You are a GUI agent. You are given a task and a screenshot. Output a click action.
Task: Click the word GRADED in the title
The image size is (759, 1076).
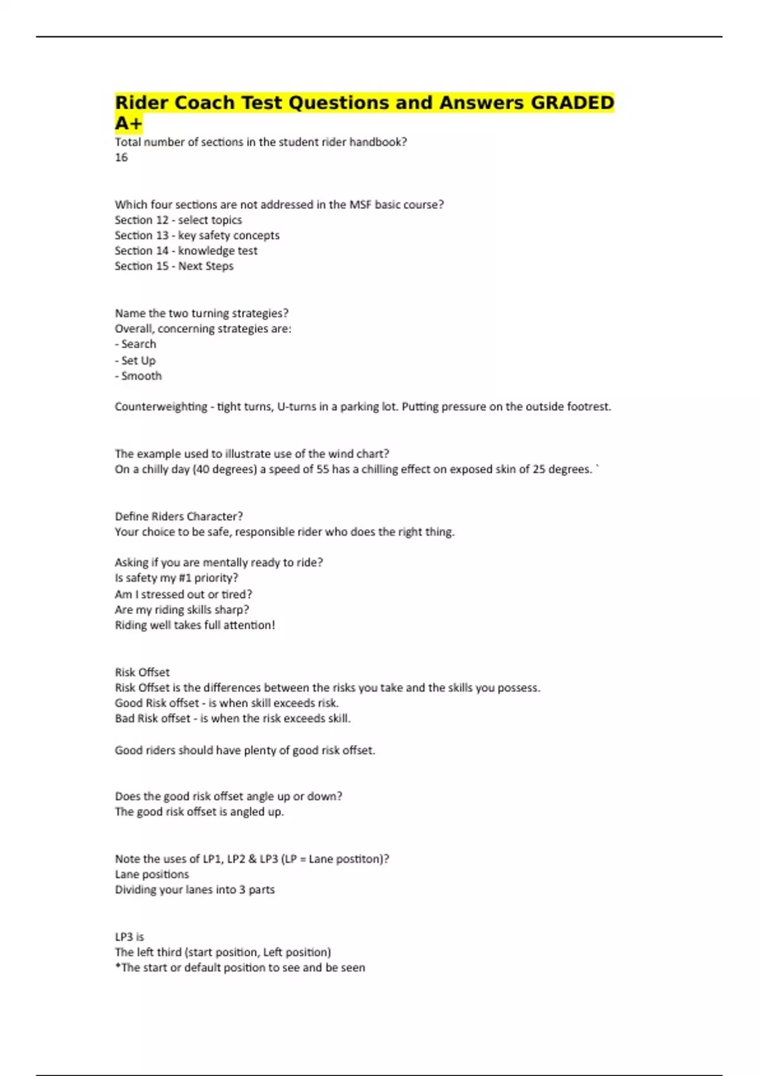click(572, 103)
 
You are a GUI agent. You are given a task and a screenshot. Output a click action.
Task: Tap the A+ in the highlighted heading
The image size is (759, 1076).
click(128, 123)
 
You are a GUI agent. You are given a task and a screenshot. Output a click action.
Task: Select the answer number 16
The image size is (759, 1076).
click(121, 158)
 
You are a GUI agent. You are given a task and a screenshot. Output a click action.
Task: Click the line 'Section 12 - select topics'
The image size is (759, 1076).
click(178, 220)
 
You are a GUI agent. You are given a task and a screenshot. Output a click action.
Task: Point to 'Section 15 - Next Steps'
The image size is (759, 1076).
click(174, 266)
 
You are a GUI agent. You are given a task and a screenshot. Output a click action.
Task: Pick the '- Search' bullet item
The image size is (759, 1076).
click(135, 344)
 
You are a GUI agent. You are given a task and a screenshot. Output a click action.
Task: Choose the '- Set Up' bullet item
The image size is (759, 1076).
click(135, 360)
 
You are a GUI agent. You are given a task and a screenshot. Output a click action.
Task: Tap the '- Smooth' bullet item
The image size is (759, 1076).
click(139, 376)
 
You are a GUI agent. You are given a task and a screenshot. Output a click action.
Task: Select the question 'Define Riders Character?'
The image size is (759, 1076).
click(179, 516)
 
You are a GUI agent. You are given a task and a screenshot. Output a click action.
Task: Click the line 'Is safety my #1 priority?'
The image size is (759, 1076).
click(176, 578)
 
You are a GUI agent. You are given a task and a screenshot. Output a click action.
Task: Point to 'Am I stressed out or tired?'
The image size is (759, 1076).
click(183, 594)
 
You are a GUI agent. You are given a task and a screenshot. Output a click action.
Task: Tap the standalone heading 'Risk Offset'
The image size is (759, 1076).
click(142, 672)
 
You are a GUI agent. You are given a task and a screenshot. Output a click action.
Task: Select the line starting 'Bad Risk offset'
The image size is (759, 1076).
click(233, 718)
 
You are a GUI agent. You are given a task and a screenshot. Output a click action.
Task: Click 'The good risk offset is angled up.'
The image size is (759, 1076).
click(199, 812)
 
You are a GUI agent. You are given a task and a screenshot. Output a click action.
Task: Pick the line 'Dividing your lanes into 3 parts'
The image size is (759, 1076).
click(195, 890)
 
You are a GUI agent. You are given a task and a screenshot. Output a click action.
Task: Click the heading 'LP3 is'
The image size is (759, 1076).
click(130, 937)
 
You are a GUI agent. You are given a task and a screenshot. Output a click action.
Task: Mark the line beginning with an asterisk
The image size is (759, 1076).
click(240, 968)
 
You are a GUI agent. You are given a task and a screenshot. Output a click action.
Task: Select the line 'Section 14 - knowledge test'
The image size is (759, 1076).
click(186, 251)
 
